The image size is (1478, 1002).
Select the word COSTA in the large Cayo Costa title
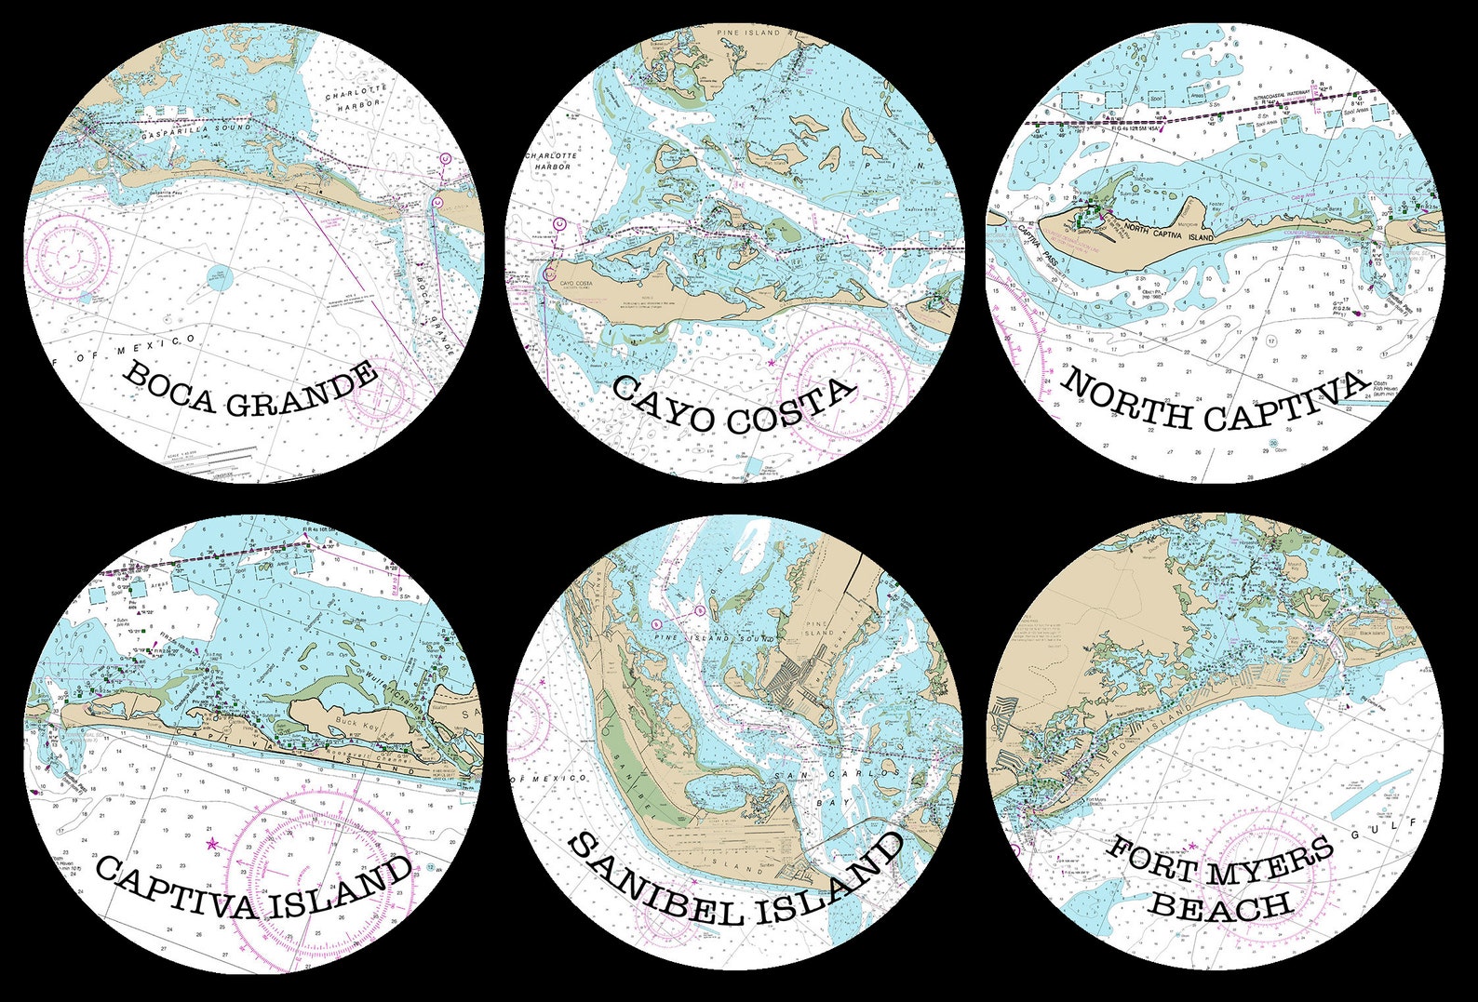point(790,407)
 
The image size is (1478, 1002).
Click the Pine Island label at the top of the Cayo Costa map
point(749,33)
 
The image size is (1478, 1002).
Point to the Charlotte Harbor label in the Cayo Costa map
point(552,161)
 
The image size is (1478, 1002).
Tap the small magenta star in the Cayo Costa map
point(772,360)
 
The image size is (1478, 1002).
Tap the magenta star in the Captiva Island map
point(212,844)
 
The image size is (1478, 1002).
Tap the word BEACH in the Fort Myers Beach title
point(1219,905)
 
